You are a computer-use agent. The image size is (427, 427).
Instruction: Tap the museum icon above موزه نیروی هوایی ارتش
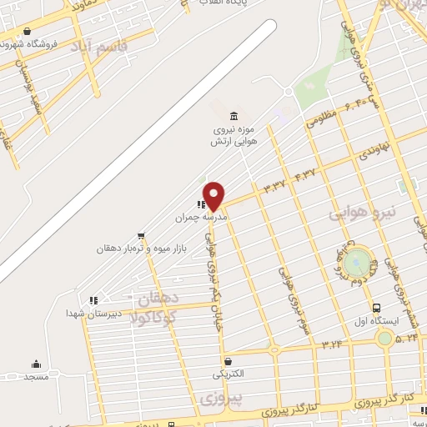(232, 115)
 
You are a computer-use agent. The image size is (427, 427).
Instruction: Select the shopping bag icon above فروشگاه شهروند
(28, 32)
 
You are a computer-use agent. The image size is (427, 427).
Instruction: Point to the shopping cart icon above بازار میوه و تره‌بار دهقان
(141, 235)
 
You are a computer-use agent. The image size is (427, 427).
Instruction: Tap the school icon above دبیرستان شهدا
(93, 299)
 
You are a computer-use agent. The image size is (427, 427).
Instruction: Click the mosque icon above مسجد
(36, 364)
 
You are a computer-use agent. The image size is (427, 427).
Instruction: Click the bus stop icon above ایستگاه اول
(377, 307)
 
